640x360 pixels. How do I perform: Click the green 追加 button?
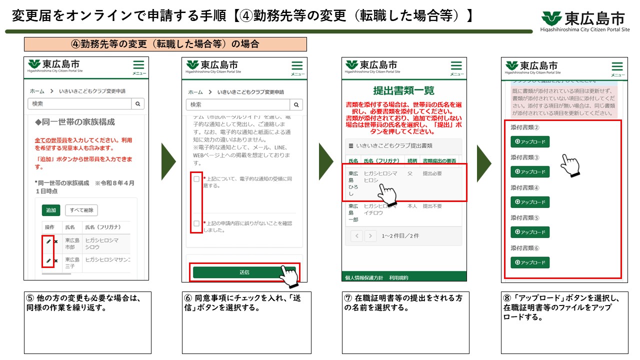[x=51, y=210]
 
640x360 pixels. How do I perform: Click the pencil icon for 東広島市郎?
[x=48, y=241]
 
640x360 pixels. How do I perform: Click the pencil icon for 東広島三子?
[x=48, y=261]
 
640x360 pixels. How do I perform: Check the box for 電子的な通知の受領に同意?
[x=196, y=179]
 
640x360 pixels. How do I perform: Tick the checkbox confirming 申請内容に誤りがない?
[x=196, y=223]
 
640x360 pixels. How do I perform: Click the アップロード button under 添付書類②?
[x=530, y=142]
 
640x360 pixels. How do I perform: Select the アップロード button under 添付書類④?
[x=530, y=202]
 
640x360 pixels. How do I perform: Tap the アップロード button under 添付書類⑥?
[x=530, y=262]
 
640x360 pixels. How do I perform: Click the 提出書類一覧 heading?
[x=404, y=90]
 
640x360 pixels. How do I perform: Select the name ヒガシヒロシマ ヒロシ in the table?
[x=380, y=176]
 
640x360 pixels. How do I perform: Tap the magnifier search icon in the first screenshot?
[x=137, y=104]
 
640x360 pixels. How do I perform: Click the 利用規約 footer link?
[x=398, y=277]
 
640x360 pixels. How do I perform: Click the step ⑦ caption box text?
[x=403, y=302]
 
